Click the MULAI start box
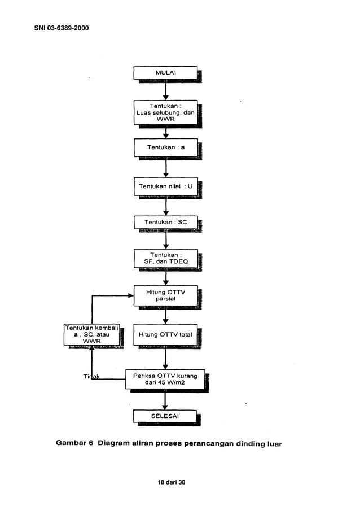tap(165, 73)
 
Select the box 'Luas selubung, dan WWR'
tap(165, 112)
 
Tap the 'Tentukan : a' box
tap(165, 147)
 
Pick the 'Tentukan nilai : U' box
tap(165, 186)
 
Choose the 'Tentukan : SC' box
tap(165, 223)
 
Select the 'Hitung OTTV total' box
tap(165, 335)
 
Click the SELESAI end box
tap(165, 416)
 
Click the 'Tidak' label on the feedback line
tap(91, 377)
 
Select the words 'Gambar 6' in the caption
tap(74, 443)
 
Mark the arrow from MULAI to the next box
tap(165, 90)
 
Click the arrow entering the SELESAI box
tap(165, 400)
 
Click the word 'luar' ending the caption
tap(273, 444)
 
